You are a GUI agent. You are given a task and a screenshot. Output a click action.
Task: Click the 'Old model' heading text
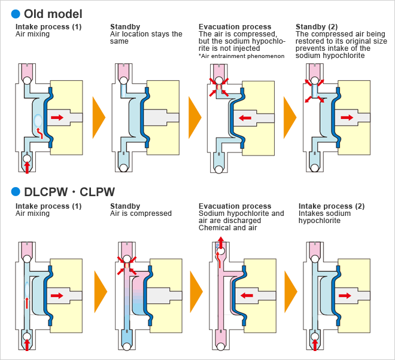point(53,13)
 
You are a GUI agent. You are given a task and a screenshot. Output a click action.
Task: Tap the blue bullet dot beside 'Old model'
point(16,13)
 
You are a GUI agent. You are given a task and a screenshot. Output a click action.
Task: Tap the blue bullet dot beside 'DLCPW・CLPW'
point(16,192)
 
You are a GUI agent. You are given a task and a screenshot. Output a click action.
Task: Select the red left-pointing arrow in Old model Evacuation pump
point(244,118)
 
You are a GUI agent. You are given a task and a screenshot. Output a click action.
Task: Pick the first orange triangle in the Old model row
point(99,117)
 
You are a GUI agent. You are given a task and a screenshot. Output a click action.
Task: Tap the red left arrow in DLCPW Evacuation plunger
point(245,295)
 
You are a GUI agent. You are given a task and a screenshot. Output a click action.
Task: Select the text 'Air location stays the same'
point(146,38)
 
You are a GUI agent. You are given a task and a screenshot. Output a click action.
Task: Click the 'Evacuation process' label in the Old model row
point(235,27)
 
